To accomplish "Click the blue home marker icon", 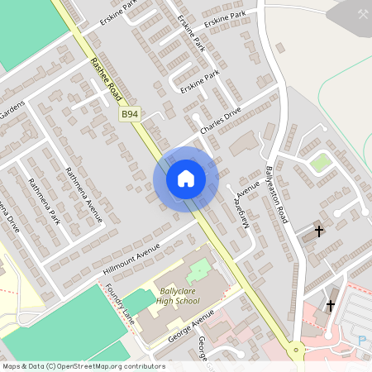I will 185,178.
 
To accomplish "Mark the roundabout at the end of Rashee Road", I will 294,351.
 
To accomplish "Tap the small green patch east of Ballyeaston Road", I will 321,162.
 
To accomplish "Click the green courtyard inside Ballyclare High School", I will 198,270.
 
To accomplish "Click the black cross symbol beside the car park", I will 331,306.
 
